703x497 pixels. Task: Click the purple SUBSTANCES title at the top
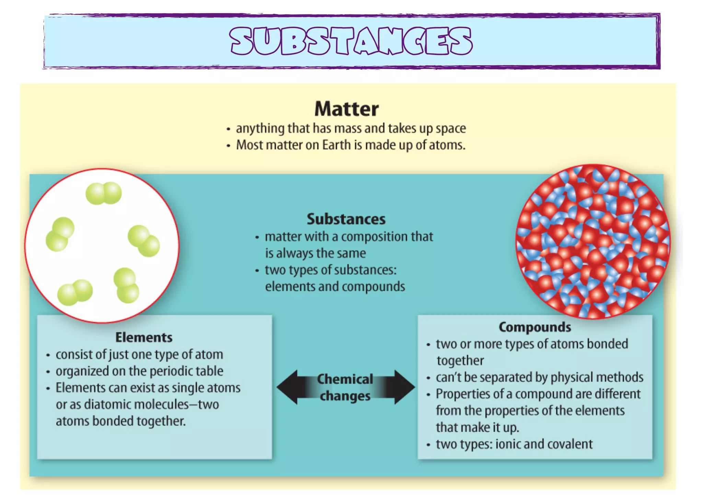pyautogui.click(x=351, y=41)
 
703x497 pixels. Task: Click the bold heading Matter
pyautogui.click(x=346, y=109)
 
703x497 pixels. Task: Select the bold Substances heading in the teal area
pyautogui.click(x=346, y=219)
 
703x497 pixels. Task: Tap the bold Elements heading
pyautogui.click(x=144, y=337)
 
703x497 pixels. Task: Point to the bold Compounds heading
pyautogui.click(x=535, y=327)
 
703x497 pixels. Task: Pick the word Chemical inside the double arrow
pyautogui.click(x=345, y=379)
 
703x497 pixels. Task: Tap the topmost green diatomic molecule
pyautogui.click(x=104, y=193)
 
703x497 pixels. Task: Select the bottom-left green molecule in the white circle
pyautogui.click(x=75, y=292)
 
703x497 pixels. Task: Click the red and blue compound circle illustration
pyautogui.click(x=593, y=241)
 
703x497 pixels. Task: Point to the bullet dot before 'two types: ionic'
pyautogui.click(x=428, y=445)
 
